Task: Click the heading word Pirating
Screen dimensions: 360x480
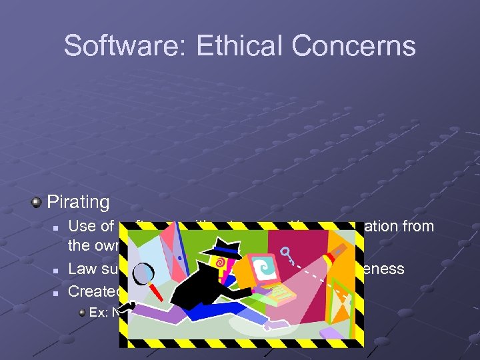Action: [78, 201]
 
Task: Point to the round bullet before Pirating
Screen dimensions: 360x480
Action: [37, 201]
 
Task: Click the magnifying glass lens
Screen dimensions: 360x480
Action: [146, 273]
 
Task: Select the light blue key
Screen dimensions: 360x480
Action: [289, 254]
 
